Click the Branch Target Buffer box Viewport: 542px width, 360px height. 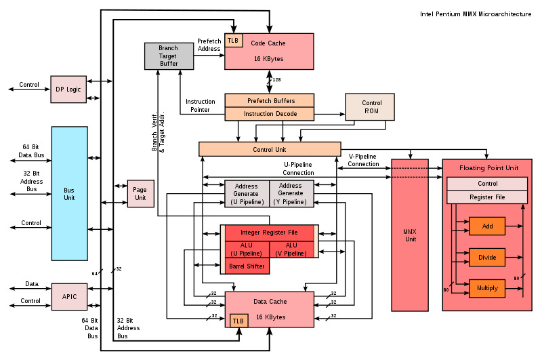[169, 56]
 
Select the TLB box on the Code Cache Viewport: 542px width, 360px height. [233, 41]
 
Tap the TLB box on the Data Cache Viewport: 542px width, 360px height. [238, 321]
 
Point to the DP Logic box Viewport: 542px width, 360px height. [69, 89]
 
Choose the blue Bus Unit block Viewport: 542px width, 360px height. [69, 193]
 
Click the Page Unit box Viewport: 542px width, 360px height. [140, 194]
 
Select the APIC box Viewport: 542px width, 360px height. [69, 296]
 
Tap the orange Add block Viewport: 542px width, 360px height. [487, 226]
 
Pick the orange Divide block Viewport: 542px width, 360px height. [487, 257]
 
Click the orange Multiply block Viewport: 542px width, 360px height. [487, 288]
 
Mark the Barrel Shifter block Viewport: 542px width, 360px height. [247, 266]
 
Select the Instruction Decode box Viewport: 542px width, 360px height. [270, 114]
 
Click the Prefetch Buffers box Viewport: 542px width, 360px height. [270, 100]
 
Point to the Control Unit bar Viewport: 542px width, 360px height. [270, 149]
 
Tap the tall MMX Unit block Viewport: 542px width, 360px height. [410, 235]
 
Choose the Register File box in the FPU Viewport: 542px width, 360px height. [487, 197]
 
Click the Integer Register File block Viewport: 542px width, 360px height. [270, 233]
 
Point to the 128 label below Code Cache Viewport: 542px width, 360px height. [276, 80]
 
